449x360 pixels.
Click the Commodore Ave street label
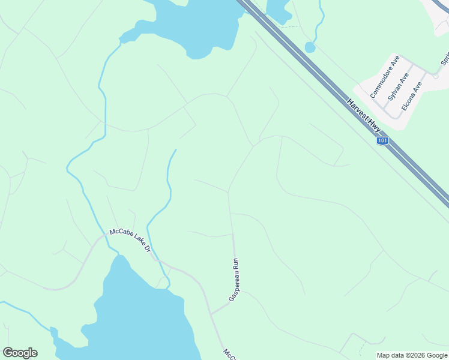[385, 77]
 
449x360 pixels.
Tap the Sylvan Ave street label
[398, 86]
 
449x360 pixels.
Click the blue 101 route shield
[382, 140]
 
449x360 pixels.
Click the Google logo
[20, 353]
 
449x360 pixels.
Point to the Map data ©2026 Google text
[412, 355]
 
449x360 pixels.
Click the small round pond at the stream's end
[310, 47]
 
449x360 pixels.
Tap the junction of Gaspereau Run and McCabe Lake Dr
[211, 313]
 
